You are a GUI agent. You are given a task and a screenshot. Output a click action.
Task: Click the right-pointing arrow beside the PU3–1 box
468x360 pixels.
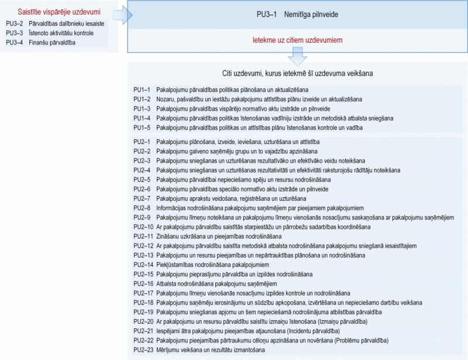tap(122, 16)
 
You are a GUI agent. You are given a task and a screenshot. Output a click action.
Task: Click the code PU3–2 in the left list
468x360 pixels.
tap(14, 23)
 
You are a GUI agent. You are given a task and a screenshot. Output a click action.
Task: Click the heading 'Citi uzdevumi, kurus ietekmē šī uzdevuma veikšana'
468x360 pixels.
tap(298, 74)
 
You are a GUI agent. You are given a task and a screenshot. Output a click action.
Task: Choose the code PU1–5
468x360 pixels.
tap(142, 128)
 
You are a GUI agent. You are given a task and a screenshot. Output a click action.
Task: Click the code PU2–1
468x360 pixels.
tap(142, 142)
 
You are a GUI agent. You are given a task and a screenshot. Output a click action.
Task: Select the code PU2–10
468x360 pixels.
tap(144, 226)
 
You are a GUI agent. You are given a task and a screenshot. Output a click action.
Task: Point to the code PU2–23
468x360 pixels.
tap(144, 350)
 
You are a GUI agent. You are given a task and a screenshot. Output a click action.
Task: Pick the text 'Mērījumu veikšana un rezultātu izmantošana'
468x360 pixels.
tap(211, 350)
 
